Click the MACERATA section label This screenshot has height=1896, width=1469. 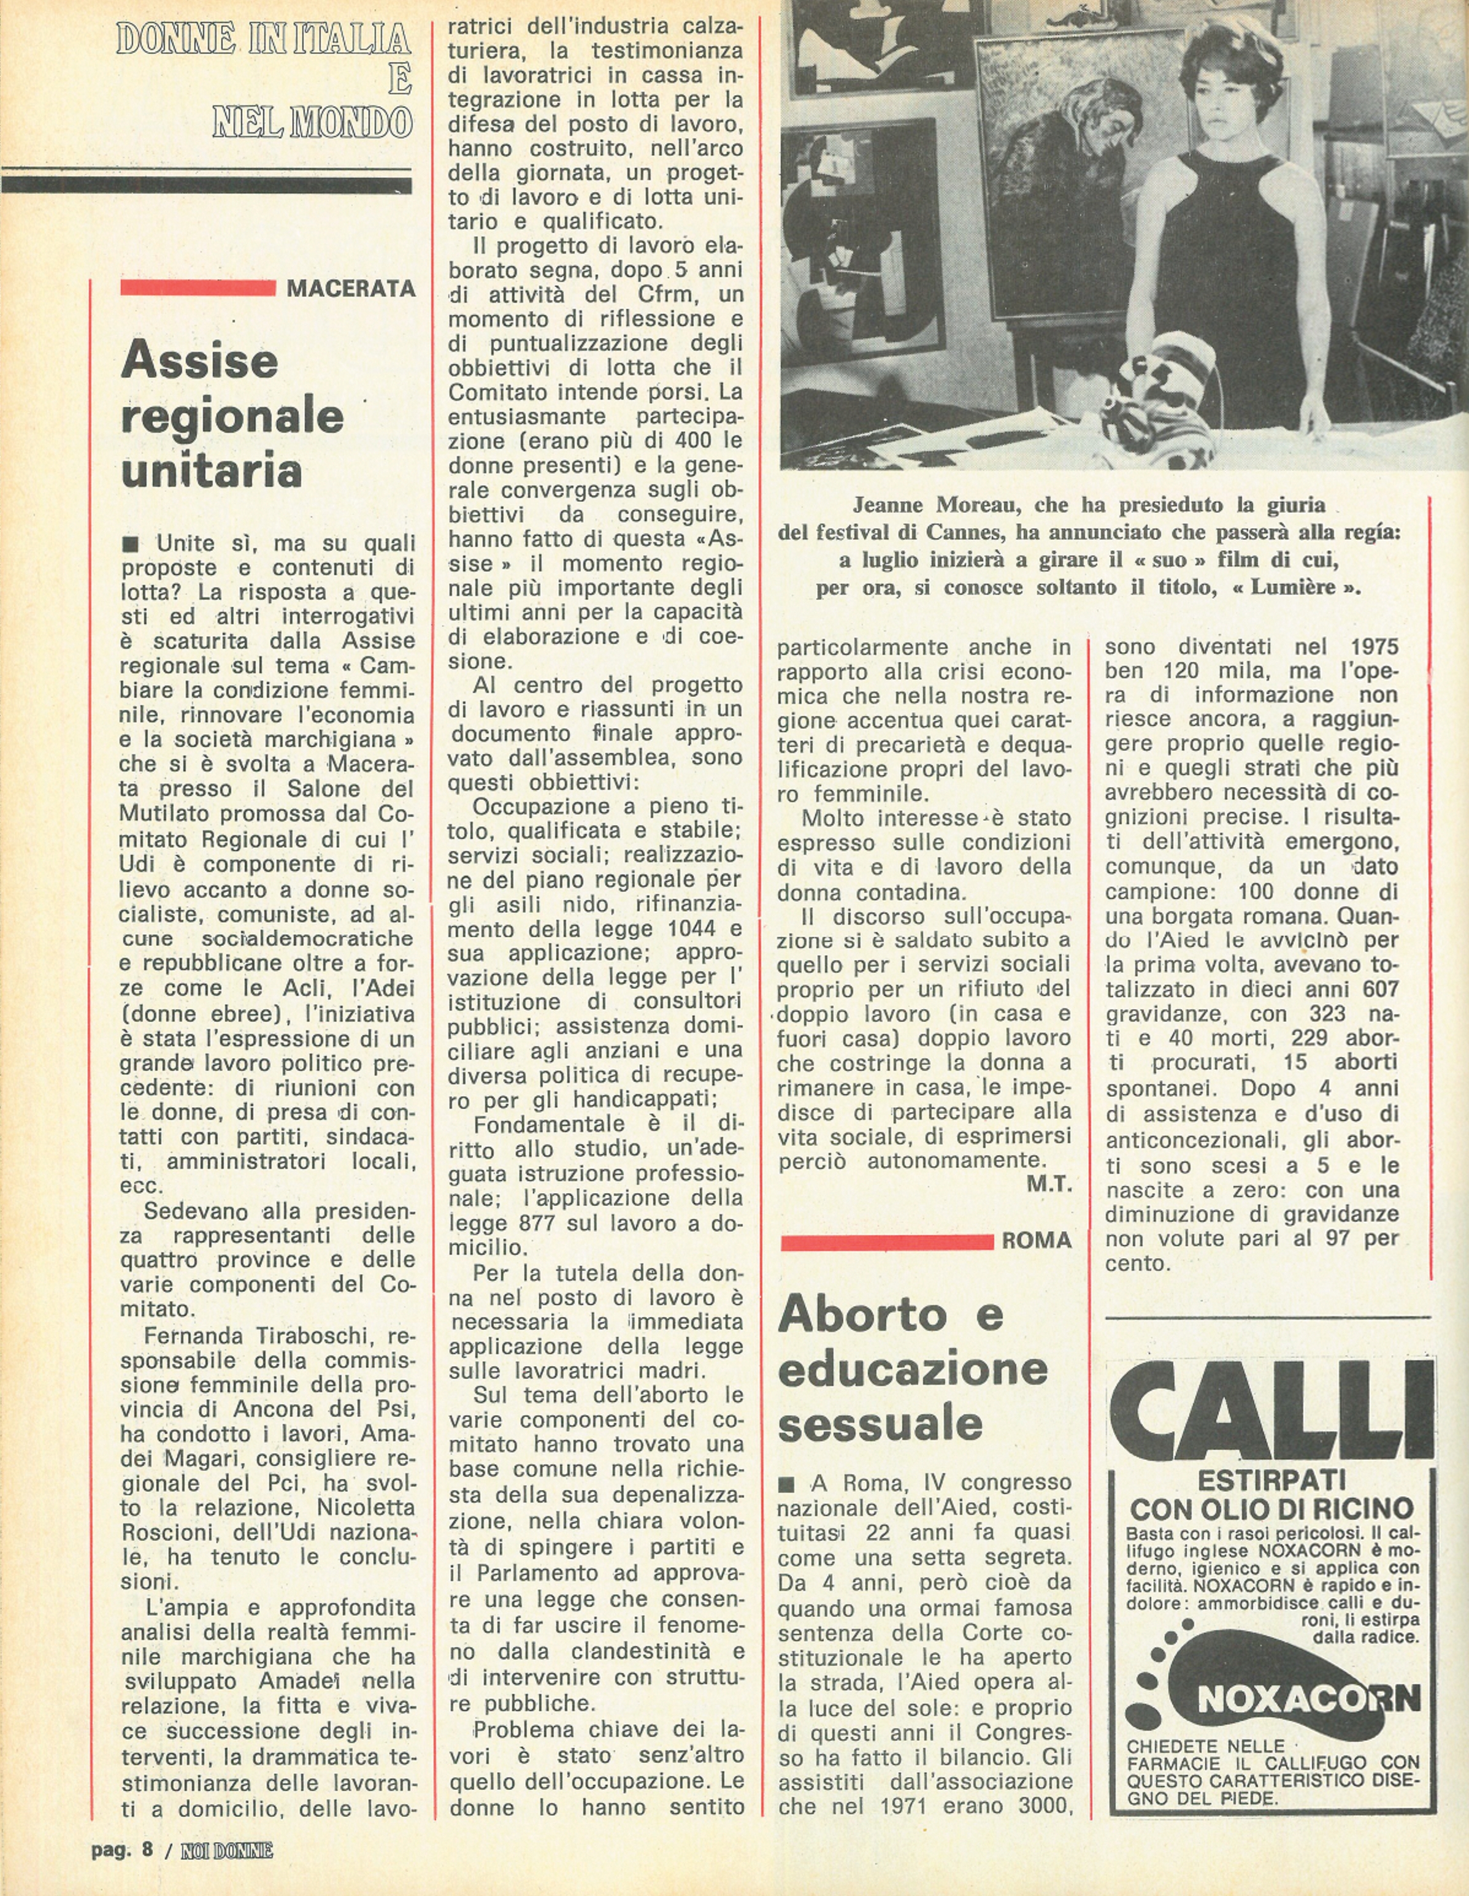pyautogui.click(x=351, y=288)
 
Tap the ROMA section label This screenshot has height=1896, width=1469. pyautogui.click(x=1037, y=1240)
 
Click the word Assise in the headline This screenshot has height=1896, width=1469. pyautogui.click(x=200, y=359)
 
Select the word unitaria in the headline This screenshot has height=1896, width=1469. pyautogui.click(x=211, y=470)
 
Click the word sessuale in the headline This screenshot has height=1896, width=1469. pyautogui.click(x=880, y=1424)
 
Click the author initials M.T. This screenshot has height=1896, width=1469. pyautogui.click(x=1049, y=1184)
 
